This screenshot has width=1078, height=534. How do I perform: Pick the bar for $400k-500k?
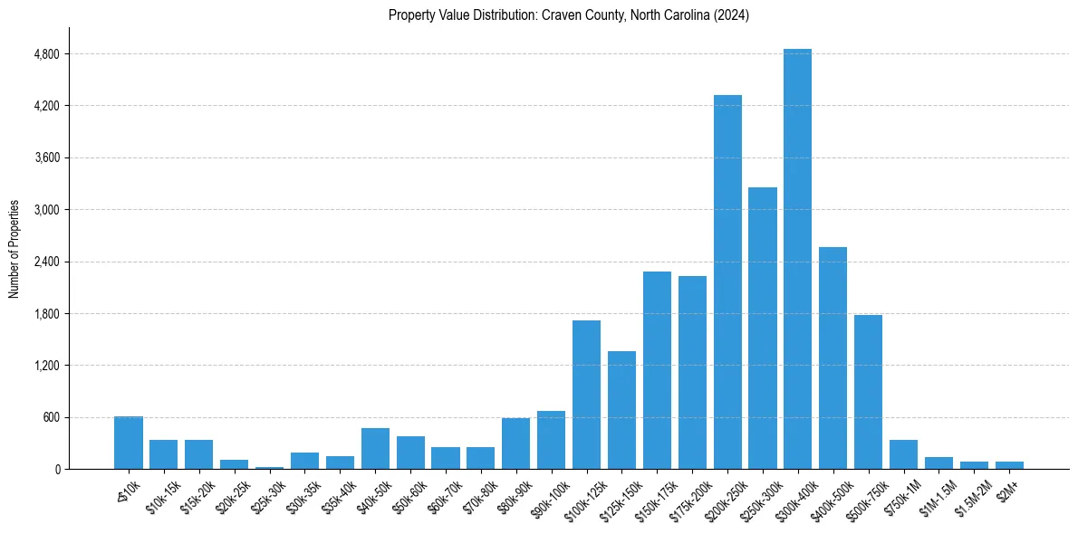coord(833,358)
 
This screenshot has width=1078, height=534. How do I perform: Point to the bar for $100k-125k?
coord(586,395)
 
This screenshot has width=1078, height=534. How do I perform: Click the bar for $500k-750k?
coord(868,392)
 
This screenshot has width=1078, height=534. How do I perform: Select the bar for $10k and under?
coord(129,443)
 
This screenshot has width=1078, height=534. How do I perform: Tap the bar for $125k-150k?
coord(621,410)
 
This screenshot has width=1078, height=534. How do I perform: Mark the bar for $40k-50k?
coord(375,448)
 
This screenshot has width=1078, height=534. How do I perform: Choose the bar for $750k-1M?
coord(903,454)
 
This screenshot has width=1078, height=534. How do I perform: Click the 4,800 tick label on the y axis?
coord(45,54)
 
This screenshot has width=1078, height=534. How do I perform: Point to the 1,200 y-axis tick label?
coord(45,366)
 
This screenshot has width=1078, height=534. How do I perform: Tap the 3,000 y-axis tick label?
coord(45,210)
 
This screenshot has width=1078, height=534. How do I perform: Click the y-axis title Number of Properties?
coord(14,249)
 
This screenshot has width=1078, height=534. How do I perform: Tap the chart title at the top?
coord(568,15)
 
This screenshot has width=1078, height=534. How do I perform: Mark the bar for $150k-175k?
coord(657,370)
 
